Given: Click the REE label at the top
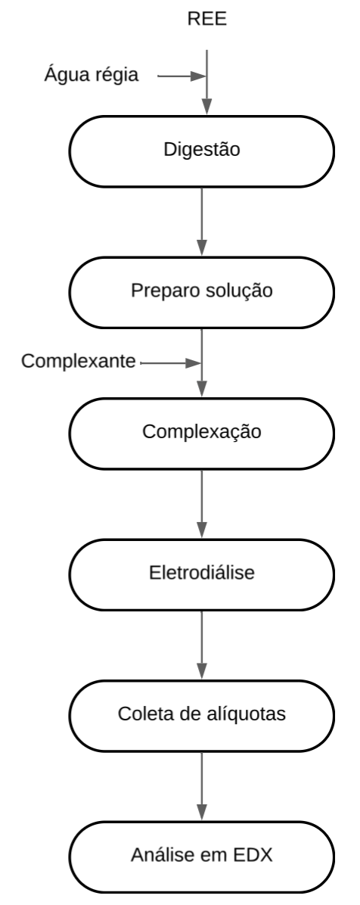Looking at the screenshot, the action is pos(206,19).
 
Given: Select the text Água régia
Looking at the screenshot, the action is pos(92,75).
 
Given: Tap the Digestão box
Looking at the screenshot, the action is pos(201,151).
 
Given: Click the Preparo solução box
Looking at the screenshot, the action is pos(201,292).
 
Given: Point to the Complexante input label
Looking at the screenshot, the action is pos(79,361).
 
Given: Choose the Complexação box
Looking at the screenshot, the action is pos(201,434).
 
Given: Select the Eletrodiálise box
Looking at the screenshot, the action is pos(201,574).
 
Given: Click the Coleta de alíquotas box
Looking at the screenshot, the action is pos(201,716).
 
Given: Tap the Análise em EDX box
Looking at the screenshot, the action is pos(201,857).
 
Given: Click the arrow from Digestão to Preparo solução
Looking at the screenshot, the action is pos(202,222).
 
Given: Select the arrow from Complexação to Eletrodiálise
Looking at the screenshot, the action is pos(202,504).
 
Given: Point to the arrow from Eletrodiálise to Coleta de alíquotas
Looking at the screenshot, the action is pos(202,645).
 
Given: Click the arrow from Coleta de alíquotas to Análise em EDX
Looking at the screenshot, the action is pos(202,786).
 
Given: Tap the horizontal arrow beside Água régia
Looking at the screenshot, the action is pos(182,76).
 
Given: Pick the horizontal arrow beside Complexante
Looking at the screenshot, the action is pos(171,363).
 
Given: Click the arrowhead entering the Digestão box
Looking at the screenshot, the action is pos(206,107).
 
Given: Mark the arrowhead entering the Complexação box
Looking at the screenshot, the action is pos(202,389).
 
